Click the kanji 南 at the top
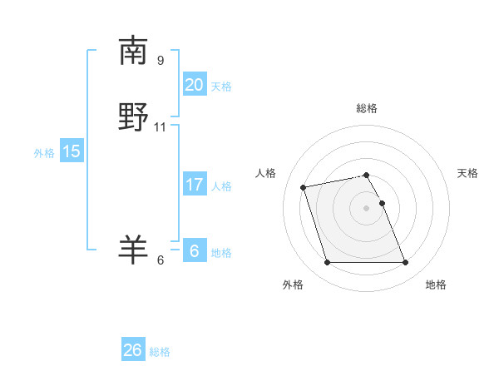click(x=133, y=51)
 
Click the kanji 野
click(x=133, y=117)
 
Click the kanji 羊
click(x=133, y=249)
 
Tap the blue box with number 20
click(x=194, y=85)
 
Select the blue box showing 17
click(x=194, y=185)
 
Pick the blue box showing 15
click(x=71, y=151)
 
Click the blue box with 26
click(x=133, y=350)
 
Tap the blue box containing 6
click(x=194, y=251)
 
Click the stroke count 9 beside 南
click(x=161, y=60)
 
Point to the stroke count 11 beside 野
click(x=161, y=127)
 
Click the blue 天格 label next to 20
click(x=220, y=87)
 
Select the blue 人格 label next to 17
click(x=221, y=186)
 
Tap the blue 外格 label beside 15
click(x=44, y=153)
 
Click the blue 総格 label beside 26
click(x=160, y=352)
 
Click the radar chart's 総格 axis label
click(x=367, y=108)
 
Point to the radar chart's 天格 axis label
click(x=468, y=173)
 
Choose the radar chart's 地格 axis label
click(x=436, y=285)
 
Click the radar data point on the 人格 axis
click(x=304, y=186)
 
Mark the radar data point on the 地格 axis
click(x=405, y=263)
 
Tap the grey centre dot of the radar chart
click(x=367, y=207)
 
